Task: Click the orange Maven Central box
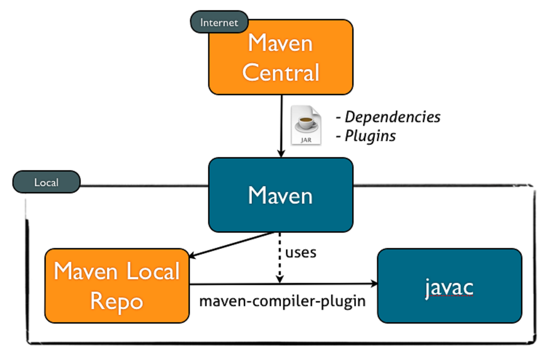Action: coord(281,57)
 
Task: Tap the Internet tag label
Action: coord(219,22)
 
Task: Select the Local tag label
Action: coord(46,182)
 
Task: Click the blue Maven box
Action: coord(281,195)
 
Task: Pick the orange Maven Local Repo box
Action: coord(117,286)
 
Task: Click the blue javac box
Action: coord(449,286)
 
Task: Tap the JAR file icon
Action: coord(306,125)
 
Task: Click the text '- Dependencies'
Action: coord(388,117)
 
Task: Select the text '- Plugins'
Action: coord(366,136)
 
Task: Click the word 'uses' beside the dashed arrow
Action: coord(301,252)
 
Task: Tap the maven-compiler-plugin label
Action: coord(282,301)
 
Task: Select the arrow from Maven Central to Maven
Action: coord(281,124)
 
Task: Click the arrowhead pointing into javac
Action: coord(374,284)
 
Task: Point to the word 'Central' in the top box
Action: coord(281,72)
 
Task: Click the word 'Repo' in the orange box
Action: coord(116,301)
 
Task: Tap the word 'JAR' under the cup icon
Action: coord(306,140)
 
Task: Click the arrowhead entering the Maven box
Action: coord(281,153)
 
